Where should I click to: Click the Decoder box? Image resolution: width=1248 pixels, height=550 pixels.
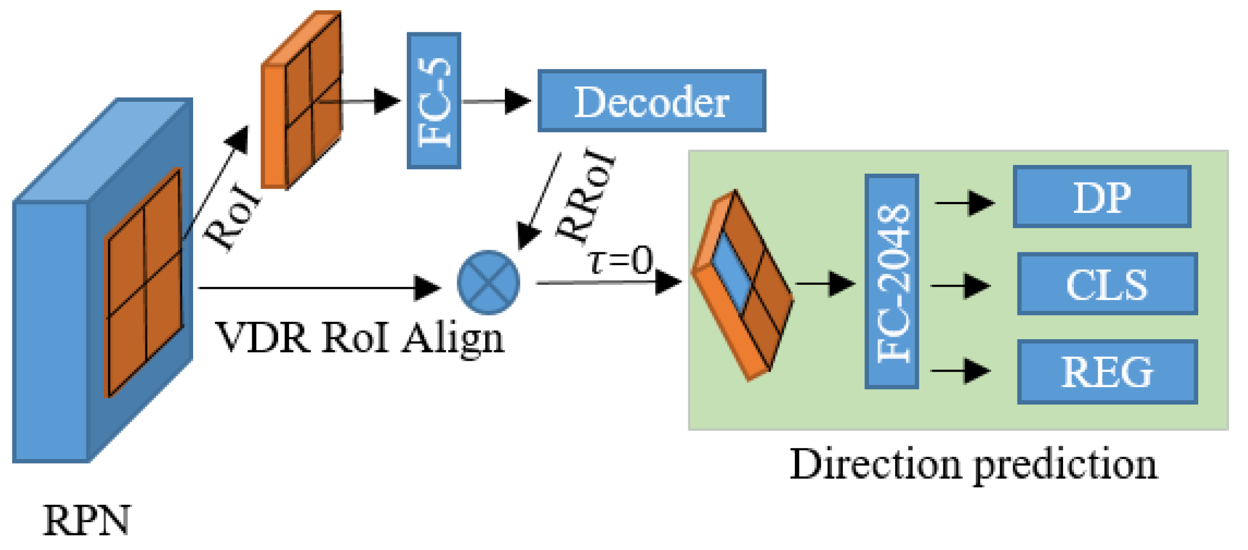pyautogui.click(x=651, y=101)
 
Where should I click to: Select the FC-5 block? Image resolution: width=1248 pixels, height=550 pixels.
pyautogui.click(x=434, y=101)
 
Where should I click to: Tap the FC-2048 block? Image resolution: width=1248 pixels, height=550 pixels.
pyautogui.click(x=892, y=282)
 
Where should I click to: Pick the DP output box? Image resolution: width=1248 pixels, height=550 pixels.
pyautogui.click(x=1102, y=197)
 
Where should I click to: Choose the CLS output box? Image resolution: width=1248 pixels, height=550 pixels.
pyautogui.click(x=1107, y=284)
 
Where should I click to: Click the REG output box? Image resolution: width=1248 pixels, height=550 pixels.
pyautogui.click(x=1107, y=372)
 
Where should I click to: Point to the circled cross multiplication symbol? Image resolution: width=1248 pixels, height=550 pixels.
pyautogui.click(x=488, y=282)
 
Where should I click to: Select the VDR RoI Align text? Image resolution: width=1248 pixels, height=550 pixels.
pyautogui.click(x=360, y=338)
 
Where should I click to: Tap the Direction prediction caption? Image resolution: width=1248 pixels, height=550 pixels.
pyautogui.click(x=973, y=464)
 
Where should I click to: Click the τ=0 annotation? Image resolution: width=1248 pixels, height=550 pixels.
pyautogui.click(x=620, y=260)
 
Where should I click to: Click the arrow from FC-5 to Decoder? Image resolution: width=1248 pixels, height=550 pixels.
pyautogui.click(x=496, y=101)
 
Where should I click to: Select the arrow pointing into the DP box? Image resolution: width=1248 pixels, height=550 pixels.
pyautogui.click(x=964, y=203)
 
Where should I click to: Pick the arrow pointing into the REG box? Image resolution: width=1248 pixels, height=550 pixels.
pyautogui.click(x=960, y=371)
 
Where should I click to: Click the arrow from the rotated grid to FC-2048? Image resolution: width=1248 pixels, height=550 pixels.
pyautogui.click(x=824, y=283)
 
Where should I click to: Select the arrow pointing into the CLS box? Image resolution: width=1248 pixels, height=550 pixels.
pyautogui.click(x=960, y=285)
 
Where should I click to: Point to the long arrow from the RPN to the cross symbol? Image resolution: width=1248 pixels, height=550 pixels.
pyautogui.click(x=318, y=288)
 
